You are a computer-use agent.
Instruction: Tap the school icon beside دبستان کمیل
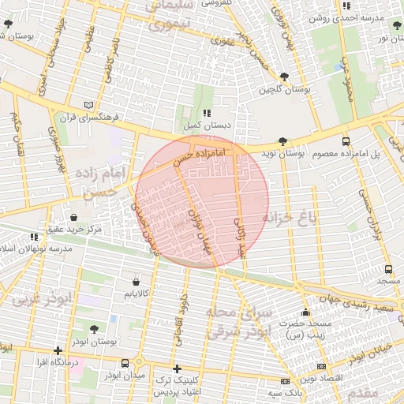coord(207,114)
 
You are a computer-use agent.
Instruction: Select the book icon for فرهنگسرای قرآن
coord(88,104)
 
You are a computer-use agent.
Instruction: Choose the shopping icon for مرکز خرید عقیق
coord(73,217)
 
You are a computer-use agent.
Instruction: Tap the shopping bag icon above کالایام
coord(137,281)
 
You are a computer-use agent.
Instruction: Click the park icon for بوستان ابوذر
coord(95,329)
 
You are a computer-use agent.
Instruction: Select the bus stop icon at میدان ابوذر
coord(125,363)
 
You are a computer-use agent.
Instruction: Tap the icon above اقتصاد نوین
coord(320,366)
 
